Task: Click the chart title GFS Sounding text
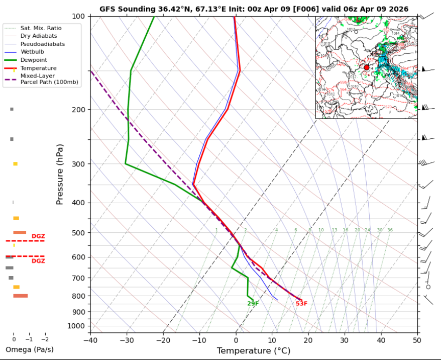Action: coord(254,9)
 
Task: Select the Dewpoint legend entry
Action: coord(33,60)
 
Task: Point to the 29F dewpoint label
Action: coord(253,304)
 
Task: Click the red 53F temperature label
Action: coord(301,304)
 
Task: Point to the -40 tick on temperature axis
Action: coord(90,340)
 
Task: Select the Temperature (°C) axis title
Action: coord(254,350)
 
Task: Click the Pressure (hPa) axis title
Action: coord(60,174)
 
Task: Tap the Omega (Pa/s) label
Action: coord(29,349)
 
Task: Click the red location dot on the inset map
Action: coord(367,67)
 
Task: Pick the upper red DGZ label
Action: coord(38,236)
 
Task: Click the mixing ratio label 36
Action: coord(390,230)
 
